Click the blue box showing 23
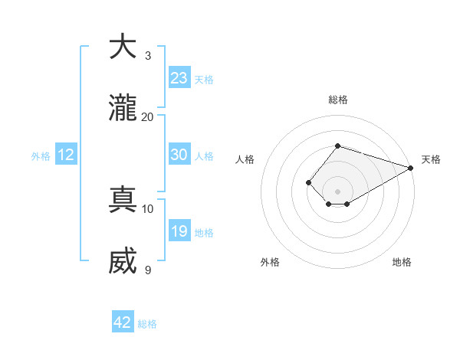click(x=179, y=78)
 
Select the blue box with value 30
click(x=179, y=155)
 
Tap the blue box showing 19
click(x=179, y=231)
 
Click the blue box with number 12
click(x=66, y=155)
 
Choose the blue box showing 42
click(x=123, y=322)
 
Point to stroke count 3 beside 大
click(x=147, y=56)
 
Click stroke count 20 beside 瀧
click(x=147, y=117)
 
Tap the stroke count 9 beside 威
click(x=147, y=270)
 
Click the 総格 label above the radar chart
click(x=338, y=100)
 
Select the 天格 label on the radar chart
click(x=431, y=159)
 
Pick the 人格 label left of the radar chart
click(x=245, y=159)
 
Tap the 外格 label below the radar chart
click(x=270, y=263)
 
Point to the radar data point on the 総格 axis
click(x=338, y=146)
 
